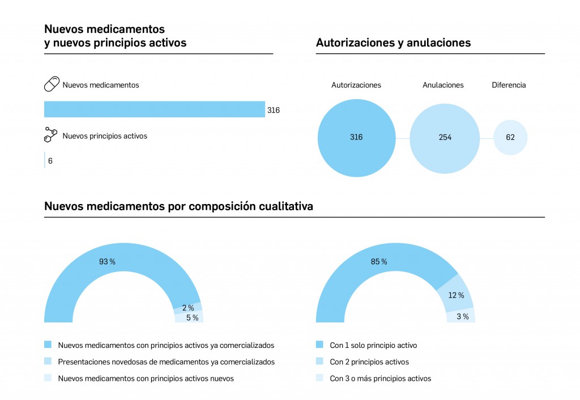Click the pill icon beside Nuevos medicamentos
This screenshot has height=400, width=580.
click(x=52, y=85)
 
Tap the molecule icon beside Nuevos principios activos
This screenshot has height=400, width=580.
click(x=51, y=135)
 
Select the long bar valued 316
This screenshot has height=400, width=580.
click(x=154, y=109)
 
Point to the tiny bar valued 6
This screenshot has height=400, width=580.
click(x=45, y=160)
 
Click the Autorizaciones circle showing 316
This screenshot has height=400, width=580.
click(x=356, y=138)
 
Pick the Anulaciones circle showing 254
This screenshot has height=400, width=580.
click(x=445, y=138)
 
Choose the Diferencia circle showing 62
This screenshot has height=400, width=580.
click(x=510, y=137)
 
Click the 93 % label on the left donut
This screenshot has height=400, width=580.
click(x=107, y=262)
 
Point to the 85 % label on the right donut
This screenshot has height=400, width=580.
click(x=379, y=262)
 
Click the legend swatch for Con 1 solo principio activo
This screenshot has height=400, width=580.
click(x=319, y=344)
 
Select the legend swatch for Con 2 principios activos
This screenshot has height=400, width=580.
click(x=319, y=361)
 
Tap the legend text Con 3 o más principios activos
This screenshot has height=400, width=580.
click(x=380, y=378)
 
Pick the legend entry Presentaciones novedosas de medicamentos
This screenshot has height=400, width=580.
click(x=166, y=361)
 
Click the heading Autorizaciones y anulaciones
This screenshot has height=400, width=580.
click(x=393, y=42)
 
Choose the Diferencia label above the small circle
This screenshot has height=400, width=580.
click(x=509, y=85)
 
